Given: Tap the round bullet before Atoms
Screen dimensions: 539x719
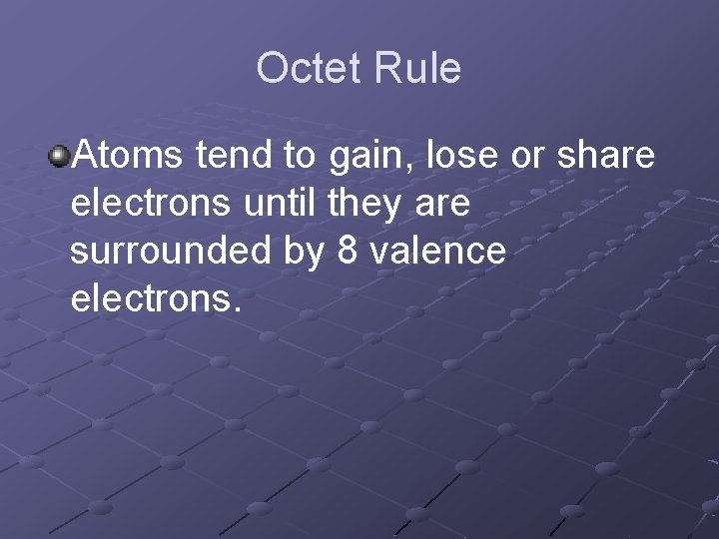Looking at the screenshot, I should tap(60, 156).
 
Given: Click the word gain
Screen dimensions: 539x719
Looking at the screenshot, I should tap(363, 158).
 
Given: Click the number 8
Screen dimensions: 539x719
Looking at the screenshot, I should tap(348, 252).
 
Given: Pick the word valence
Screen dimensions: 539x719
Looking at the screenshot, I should tap(437, 252).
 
